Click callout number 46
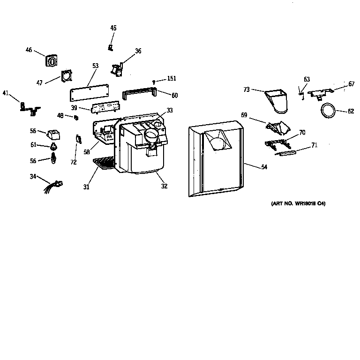29,50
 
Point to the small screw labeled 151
154,82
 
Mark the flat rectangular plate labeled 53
89,92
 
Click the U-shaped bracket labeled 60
139,94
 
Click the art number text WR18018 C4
298,204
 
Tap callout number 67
352,84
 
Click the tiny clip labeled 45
111,47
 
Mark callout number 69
244,115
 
